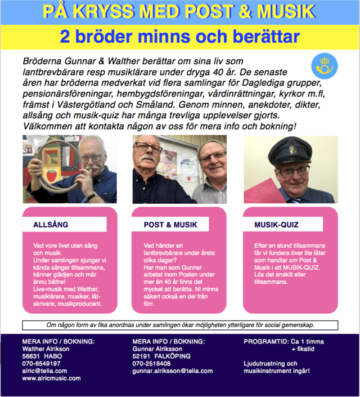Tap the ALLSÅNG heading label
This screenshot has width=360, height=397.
(51, 225)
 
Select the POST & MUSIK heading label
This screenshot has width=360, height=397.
(170, 225)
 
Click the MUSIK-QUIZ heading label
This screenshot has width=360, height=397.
(276, 225)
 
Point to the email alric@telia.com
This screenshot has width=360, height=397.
(44, 371)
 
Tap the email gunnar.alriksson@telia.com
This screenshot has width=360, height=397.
(173, 371)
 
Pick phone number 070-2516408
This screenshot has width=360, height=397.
(151, 364)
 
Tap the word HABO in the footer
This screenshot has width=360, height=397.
(55, 356)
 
